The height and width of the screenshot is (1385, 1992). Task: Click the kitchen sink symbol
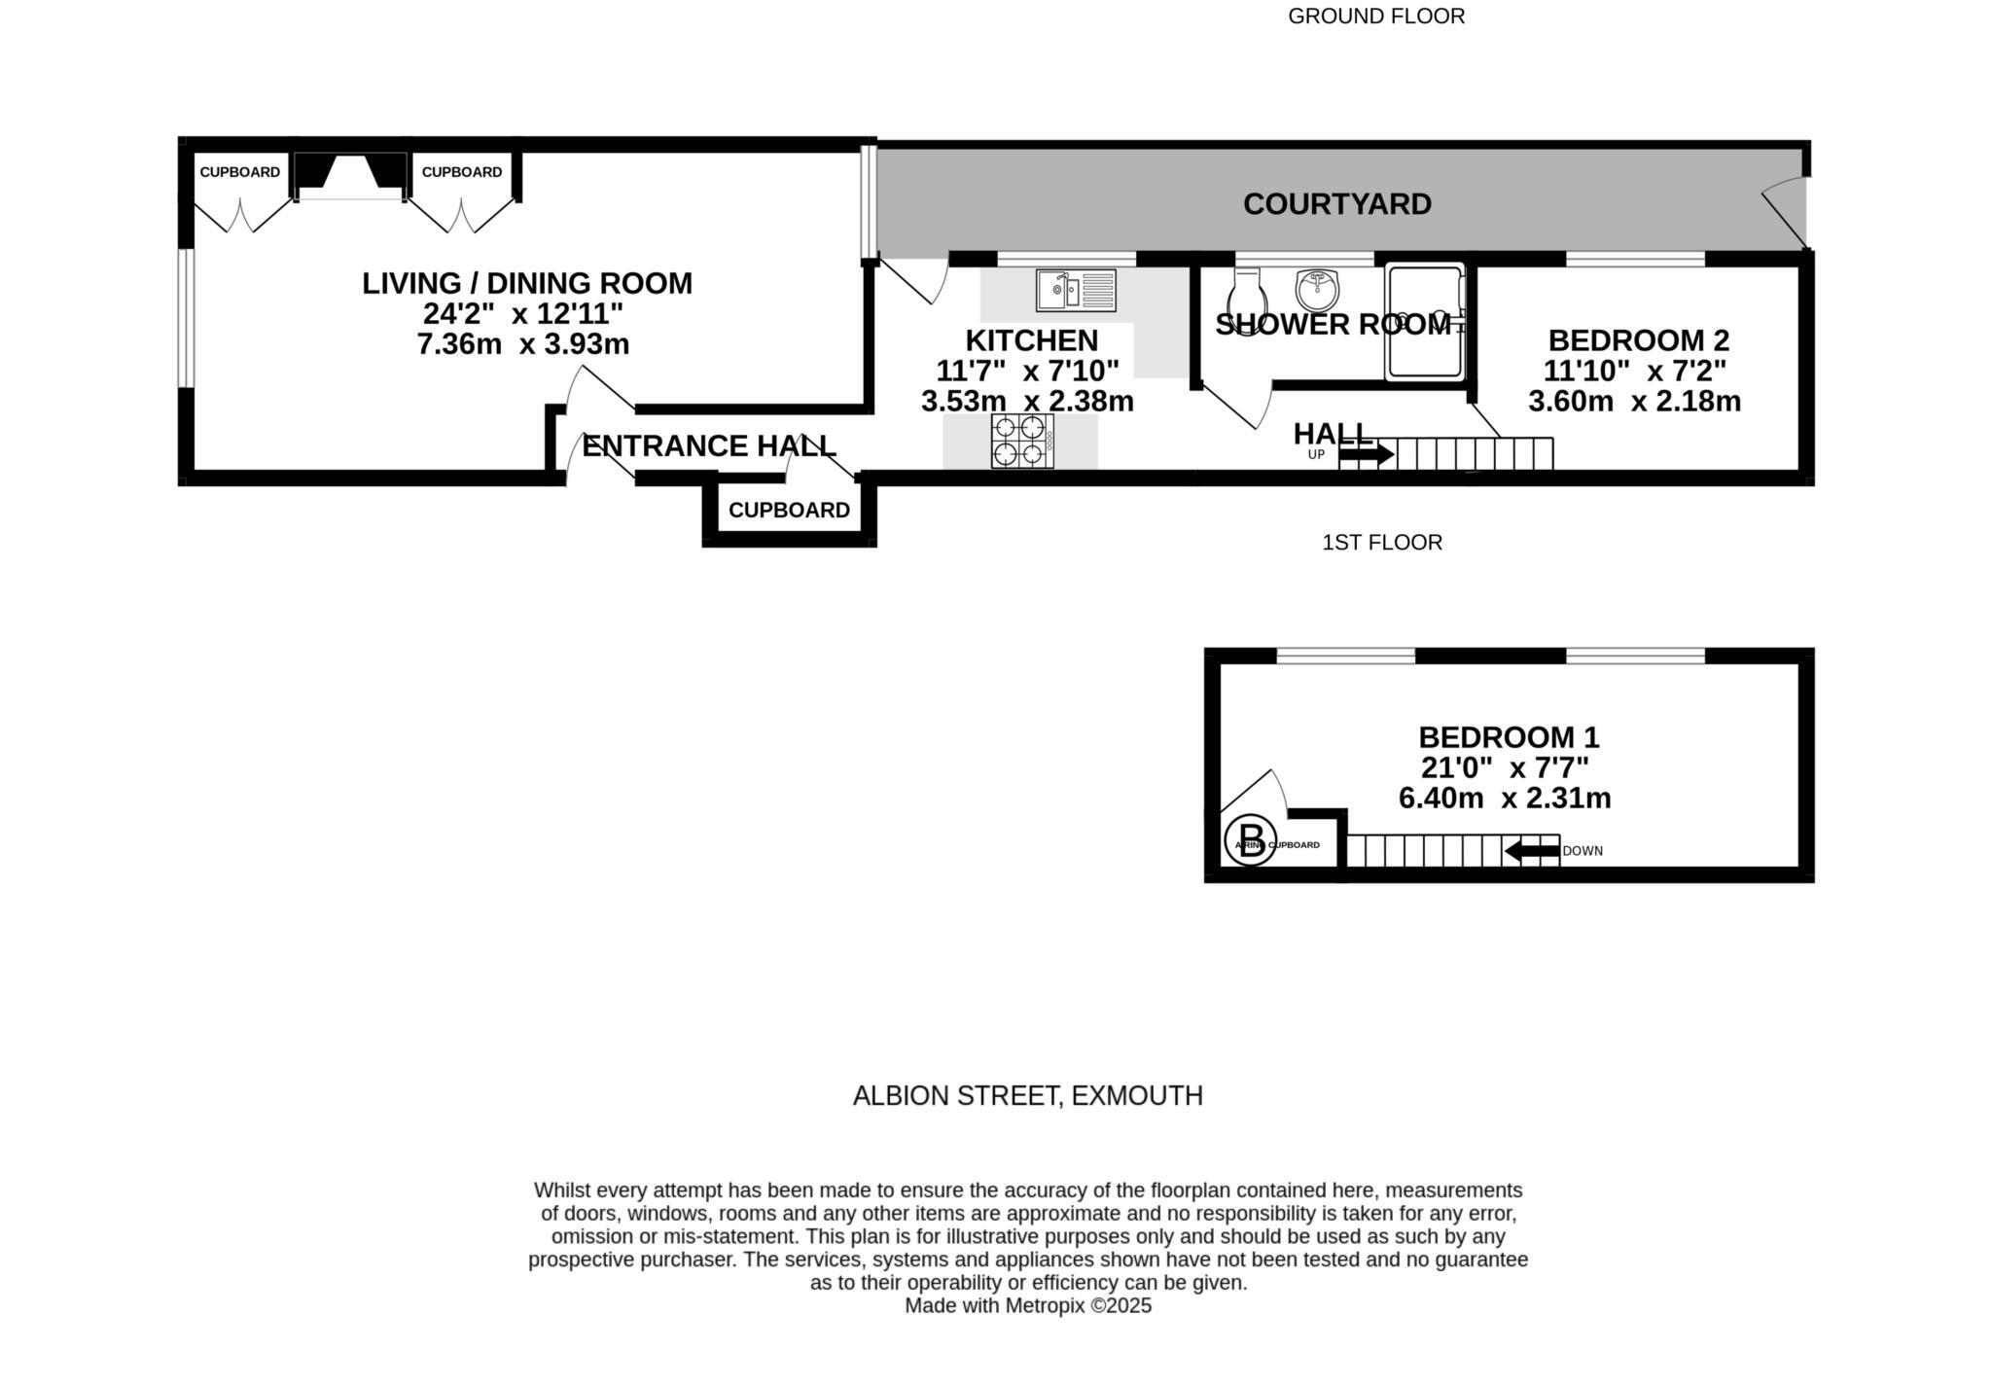1075,290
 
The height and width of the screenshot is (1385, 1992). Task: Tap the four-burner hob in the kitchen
1022,441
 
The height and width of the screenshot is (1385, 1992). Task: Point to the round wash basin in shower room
1317,288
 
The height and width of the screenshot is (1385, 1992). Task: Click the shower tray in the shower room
1425,321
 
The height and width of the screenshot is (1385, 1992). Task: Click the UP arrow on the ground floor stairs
1366,454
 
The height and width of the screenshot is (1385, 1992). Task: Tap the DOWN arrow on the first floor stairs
1531,851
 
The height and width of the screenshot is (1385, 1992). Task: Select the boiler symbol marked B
1251,839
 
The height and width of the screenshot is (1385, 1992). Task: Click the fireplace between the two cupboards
350,176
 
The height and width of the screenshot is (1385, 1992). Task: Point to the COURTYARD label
1336,204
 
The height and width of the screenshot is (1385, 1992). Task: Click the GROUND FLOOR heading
1375,17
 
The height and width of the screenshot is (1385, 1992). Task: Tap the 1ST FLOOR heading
1381,543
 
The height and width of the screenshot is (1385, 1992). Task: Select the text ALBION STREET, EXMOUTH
1027,1096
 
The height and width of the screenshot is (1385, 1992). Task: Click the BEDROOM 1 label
1508,737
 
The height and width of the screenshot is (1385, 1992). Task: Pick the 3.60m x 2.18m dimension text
1634,401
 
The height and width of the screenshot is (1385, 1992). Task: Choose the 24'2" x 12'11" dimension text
522,313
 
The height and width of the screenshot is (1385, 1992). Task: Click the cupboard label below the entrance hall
789,511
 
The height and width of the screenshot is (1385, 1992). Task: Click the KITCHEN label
1031,340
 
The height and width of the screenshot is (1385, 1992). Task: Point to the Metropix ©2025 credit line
1028,1306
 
